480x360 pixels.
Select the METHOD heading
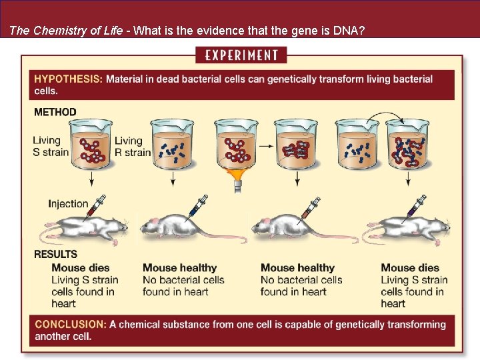coord(55,112)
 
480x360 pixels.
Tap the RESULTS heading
coord(56,254)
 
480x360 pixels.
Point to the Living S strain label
coord(51,146)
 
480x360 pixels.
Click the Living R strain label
coord(133,146)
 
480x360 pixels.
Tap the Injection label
coord(68,204)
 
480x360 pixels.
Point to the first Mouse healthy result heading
coord(180,268)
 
